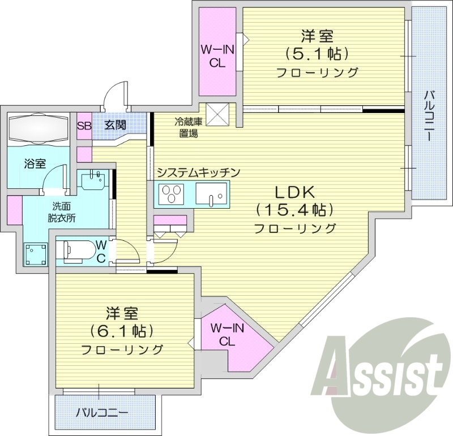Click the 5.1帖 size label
(317, 54)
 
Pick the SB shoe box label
(84, 125)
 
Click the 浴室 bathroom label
(35, 165)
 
